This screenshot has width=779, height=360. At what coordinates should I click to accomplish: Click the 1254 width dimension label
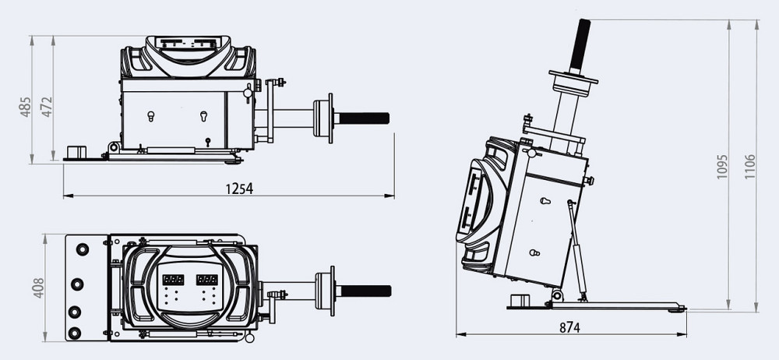[x=239, y=188]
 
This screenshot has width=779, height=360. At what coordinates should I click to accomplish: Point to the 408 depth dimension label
[x=37, y=288]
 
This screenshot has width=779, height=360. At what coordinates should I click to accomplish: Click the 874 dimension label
[x=569, y=327]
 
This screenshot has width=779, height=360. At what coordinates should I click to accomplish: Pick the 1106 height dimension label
[x=749, y=166]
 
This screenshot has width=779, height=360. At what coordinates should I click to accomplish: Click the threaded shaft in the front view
[x=363, y=118]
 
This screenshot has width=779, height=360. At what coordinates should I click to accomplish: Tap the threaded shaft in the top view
[x=365, y=290]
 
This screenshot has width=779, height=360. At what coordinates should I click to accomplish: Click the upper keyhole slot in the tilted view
[x=545, y=201]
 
